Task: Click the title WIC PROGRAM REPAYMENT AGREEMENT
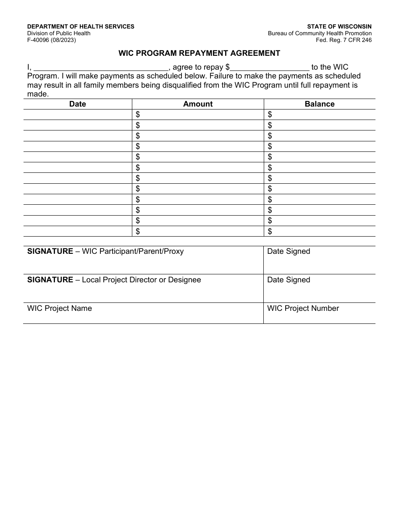[x=199, y=53]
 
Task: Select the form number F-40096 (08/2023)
[x=52, y=40]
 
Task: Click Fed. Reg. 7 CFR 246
[x=344, y=40]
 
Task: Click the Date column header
[x=77, y=104]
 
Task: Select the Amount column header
[x=198, y=104]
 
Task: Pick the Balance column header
[x=319, y=104]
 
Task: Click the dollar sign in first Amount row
[x=138, y=115]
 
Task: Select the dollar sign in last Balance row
[x=270, y=231]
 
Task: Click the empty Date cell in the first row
[x=78, y=115]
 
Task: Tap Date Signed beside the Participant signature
[x=289, y=251]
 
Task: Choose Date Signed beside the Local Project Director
[x=289, y=280]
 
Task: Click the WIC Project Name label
[x=59, y=308]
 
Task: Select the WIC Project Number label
[x=303, y=308]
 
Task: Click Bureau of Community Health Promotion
[x=320, y=34]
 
